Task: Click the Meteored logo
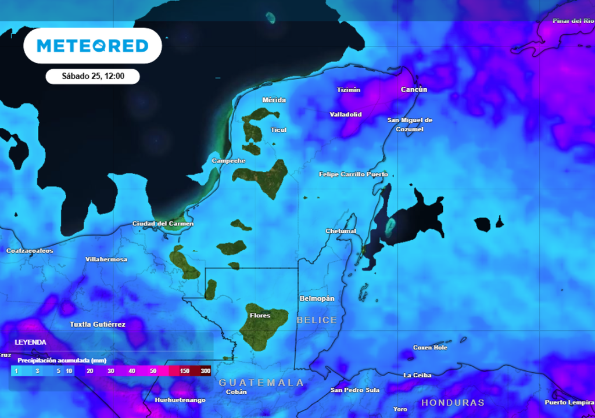click(x=92, y=45)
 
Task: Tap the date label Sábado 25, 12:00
click(x=92, y=76)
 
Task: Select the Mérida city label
click(x=274, y=100)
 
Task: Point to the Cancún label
click(x=414, y=89)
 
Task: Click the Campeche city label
click(x=228, y=161)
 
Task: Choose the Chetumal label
click(x=340, y=231)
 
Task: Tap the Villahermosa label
click(x=106, y=260)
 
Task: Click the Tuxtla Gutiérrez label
click(x=98, y=324)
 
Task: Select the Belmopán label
click(x=317, y=298)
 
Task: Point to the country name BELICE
click(x=317, y=320)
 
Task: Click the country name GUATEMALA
click(x=261, y=383)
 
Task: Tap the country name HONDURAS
click(x=453, y=402)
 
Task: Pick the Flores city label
click(x=260, y=315)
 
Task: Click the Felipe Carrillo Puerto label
click(x=353, y=174)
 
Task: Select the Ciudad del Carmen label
click(x=163, y=224)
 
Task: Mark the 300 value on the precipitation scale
click(x=205, y=371)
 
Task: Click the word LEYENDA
click(x=30, y=343)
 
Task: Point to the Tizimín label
click(x=349, y=90)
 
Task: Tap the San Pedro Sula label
click(x=355, y=390)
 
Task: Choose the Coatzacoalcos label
click(x=30, y=251)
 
